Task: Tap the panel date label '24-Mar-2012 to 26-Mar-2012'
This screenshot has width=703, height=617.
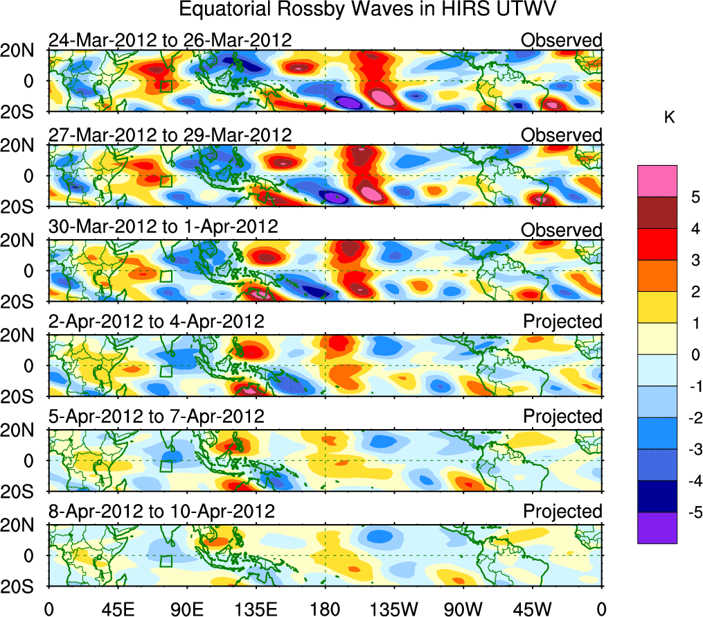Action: click(x=170, y=40)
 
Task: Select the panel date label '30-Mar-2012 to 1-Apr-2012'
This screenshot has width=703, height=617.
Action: click(x=163, y=227)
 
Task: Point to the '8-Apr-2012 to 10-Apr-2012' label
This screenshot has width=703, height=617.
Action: click(x=161, y=512)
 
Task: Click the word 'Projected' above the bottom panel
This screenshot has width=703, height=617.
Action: click(x=562, y=512)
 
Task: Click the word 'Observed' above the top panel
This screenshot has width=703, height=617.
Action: click(x=562, y=40)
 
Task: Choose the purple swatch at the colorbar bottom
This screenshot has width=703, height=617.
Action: click(x=657, y=528)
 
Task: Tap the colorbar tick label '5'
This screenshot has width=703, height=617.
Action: click(x=675, y=197)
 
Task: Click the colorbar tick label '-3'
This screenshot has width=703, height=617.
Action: click(x=678, y=450)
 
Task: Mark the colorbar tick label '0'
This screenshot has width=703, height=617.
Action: click(x=675, y=355)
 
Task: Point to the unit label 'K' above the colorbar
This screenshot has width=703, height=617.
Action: click(x=669, y=118)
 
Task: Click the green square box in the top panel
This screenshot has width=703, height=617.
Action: click(x=166, y=86)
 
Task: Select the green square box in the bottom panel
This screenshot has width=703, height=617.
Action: click(x=166, y=561)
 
